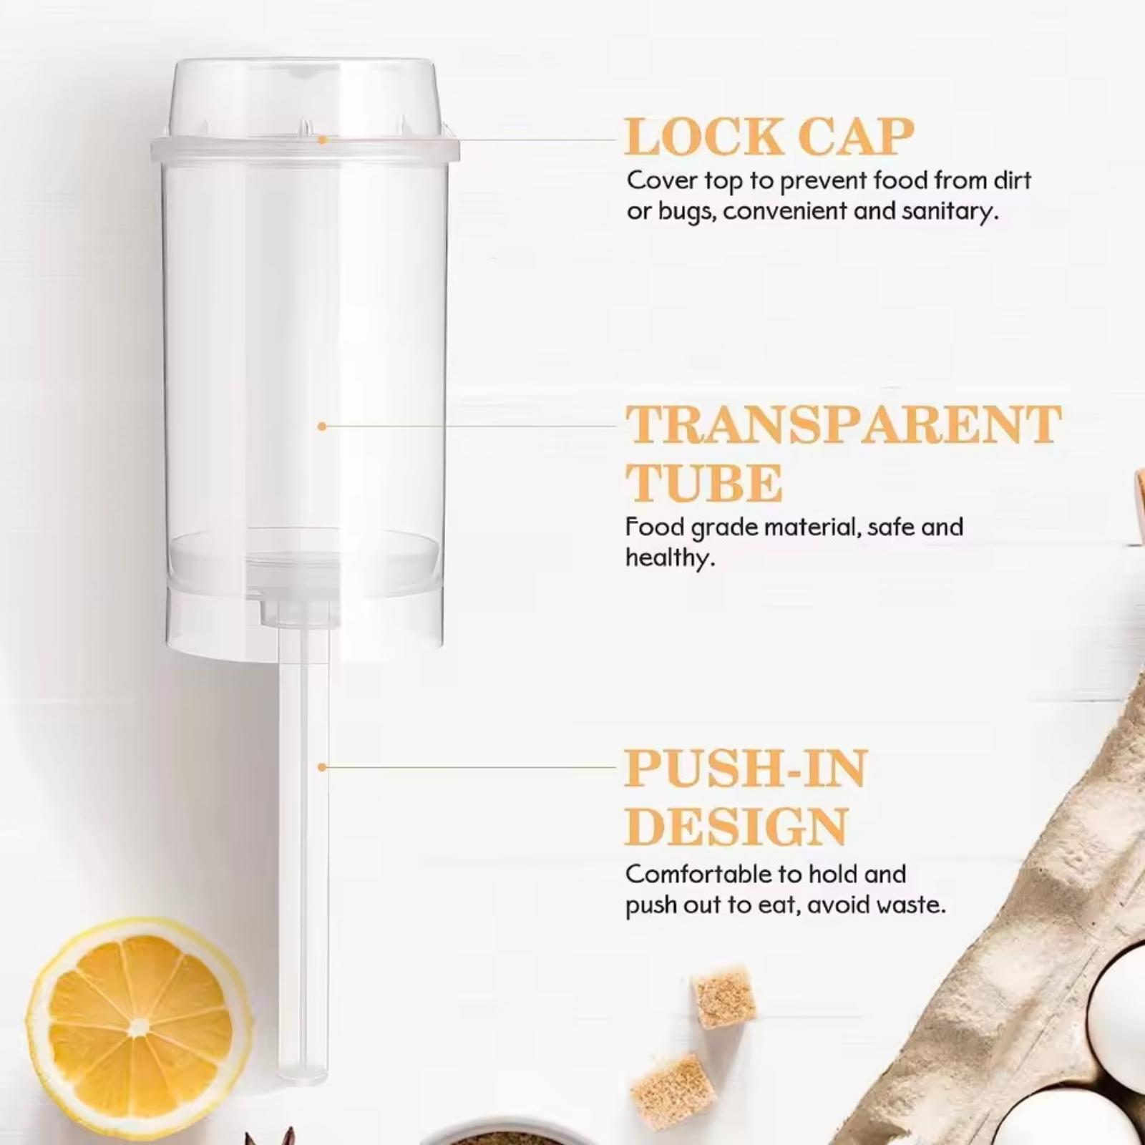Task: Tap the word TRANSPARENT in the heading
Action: [844, 424]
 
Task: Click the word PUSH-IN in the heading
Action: [746, 768]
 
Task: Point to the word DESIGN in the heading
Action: [737, 827]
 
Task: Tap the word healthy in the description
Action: [671, 557]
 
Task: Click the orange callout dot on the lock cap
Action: [322, 140]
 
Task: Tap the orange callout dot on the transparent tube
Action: [322, 427]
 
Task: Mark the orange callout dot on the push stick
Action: [322, 767]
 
